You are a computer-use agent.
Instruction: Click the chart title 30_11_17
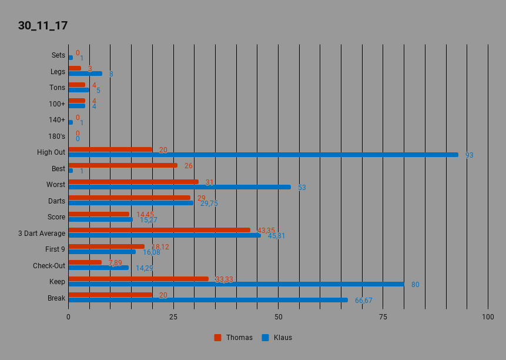(43, 26)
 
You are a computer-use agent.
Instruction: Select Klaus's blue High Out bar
(263, 155)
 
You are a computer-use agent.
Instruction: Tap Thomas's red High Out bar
(110, 149)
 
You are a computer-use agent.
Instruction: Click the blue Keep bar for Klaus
(236, 284)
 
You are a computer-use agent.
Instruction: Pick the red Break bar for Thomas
(110, 295)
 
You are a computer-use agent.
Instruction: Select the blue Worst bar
(179, 187)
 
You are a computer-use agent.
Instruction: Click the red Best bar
(123, 165)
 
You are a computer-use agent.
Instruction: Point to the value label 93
(469, 155)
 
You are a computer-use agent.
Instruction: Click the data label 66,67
(363, 301)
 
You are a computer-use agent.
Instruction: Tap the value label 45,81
(277, 236)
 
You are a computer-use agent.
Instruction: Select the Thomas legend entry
(234, 338)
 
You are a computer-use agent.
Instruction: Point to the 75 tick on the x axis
(383, 317)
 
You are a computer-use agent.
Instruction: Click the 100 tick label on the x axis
(488, 317)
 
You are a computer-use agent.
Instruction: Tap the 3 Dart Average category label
(42, 233)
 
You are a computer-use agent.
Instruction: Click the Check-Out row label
(49, 266)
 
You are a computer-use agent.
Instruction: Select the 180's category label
(56, 136)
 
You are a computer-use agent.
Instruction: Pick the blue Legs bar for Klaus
(85, 74)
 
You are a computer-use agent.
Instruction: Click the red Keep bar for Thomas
(139, 279)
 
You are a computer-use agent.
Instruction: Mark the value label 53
(301, 188)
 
